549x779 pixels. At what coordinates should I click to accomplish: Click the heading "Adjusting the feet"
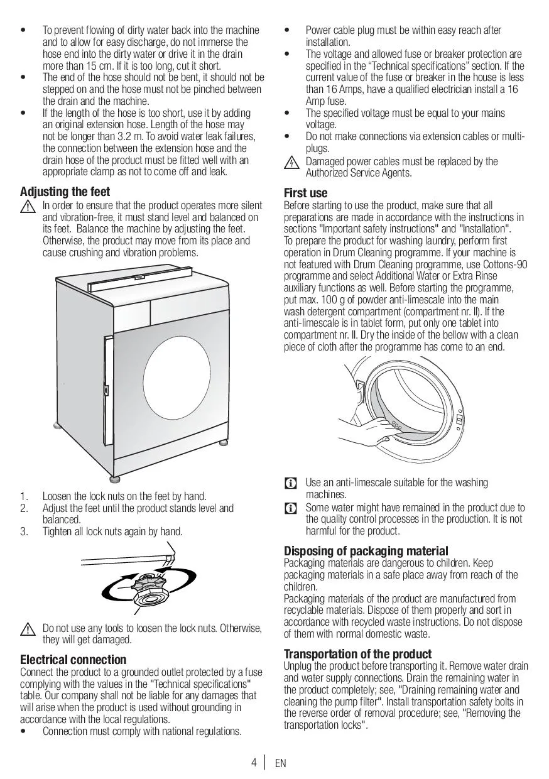(x=65, y=192)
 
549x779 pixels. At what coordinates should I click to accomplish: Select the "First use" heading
(x=305, y=193)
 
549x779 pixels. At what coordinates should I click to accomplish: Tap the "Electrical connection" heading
(x=73, y=660)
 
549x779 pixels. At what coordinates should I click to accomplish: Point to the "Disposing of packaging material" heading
(x=366, y=551)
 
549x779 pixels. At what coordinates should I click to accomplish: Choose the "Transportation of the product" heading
(x=357, y=654)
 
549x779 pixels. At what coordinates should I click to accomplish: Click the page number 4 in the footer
(x=254, y=763)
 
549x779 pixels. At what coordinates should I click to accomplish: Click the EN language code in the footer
(x=280, y=763)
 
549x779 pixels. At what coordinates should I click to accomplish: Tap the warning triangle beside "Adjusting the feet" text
(x=27, y=206)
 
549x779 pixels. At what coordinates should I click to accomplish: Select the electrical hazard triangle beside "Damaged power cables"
(x=291, y=162)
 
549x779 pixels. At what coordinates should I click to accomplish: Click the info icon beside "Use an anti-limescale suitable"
(x=291, y=483)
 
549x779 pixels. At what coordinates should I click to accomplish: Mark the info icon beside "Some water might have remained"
(x=291, y=508)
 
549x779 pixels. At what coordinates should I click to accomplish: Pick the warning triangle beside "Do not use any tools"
(x=27, y=629)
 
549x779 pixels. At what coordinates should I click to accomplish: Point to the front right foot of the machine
(x=115, y=479)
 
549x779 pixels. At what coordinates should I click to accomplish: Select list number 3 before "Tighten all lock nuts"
(x=24, y=531)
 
